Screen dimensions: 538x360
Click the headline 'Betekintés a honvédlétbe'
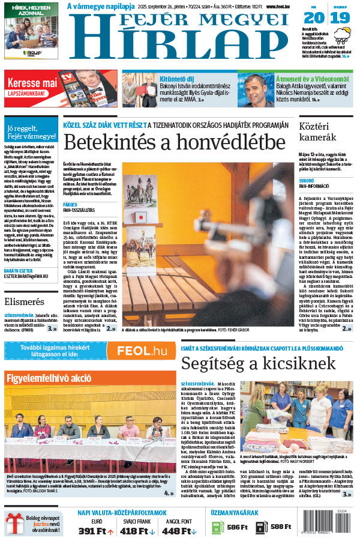174,143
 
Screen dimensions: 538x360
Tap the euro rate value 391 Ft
93,530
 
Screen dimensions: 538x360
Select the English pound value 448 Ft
178,530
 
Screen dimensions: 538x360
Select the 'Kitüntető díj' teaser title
176,78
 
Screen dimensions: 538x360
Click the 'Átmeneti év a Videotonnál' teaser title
312,78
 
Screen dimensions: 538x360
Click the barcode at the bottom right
341,524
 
